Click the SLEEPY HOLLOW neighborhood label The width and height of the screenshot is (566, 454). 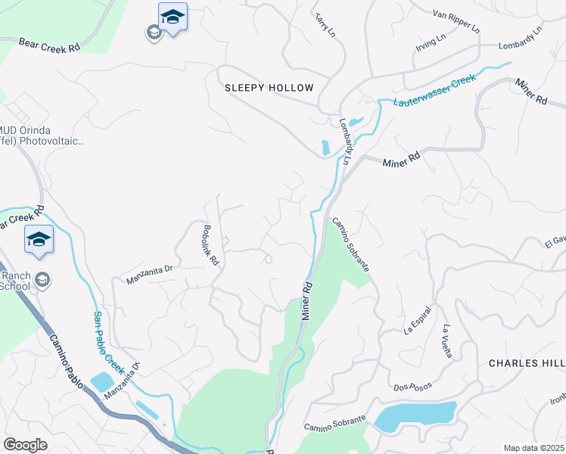pyautogui.click(x=269, y=88)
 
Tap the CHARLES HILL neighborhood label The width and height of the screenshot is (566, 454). pyautogui.click(x=527, y=363)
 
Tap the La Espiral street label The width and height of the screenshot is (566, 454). pyautogui.click(x=417, y=320)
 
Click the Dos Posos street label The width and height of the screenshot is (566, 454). pyautogui.click(x=412, y=387)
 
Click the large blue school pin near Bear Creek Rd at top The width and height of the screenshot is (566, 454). pyautogui.click(x=173, y=17)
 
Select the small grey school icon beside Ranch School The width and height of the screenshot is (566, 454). pyautogui.click(x=42, y=280)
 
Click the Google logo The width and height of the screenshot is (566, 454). pyautogui.click(x=25, y=445)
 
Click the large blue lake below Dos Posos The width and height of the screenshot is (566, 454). pyautogui.click(x=415, y=415)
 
